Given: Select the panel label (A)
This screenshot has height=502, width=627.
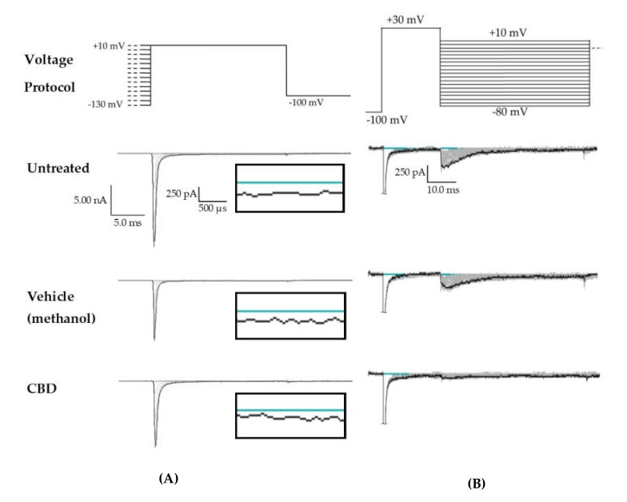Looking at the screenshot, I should pos(168,477).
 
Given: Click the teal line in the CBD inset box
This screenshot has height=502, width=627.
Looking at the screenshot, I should pos(290,410).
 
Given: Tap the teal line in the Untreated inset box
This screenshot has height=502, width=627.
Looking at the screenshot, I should pos(290,183).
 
